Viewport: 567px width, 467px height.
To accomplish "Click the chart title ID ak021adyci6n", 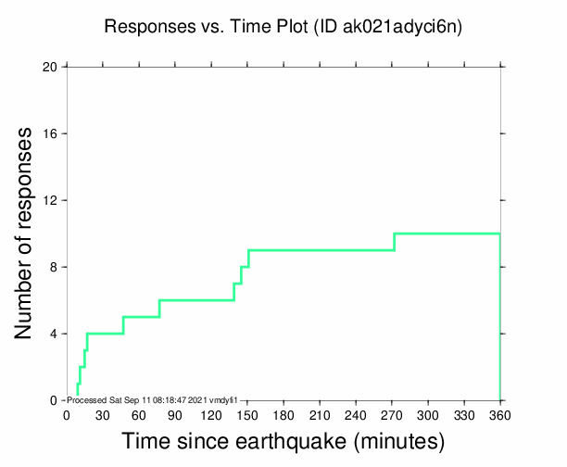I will (283, 27).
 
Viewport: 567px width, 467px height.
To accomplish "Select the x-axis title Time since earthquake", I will (283, 438).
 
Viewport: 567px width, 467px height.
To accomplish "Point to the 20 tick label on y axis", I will (51, 67).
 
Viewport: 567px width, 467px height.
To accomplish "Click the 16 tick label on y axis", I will (51, 133).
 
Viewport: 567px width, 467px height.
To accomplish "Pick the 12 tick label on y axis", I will (51, 200).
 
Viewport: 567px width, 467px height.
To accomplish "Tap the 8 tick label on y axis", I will (54, 267).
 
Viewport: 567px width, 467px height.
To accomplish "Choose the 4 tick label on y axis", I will (54, 334).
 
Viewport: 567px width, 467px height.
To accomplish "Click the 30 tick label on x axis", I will (103, 414).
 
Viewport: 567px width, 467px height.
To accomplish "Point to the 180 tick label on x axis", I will (283, 414).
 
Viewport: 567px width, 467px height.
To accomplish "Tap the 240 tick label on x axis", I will (356, 414).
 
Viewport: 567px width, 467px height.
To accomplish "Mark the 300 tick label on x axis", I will (428, 414).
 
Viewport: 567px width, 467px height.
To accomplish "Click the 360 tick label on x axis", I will (500, 414).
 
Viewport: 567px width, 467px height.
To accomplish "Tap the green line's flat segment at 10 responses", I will (447, 233).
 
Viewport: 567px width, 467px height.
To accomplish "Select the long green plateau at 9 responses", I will (321, 250).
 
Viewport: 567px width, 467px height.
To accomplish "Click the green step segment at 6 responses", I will (196, 300).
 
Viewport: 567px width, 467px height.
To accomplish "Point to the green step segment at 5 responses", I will (141, 317).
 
